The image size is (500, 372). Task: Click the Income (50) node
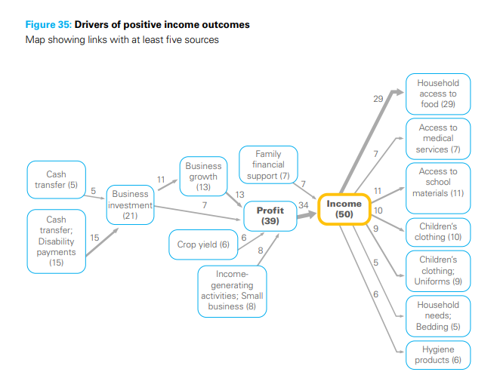(344, 209)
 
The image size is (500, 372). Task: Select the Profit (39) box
(270, 216)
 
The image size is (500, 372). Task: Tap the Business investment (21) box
(130, 204)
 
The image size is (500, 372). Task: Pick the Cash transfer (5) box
(56, 180)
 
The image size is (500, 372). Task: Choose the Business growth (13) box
(203, 177)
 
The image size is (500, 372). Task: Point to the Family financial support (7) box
(268, 165)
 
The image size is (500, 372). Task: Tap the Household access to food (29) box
(438, 94)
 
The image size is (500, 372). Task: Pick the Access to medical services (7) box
(438, 138)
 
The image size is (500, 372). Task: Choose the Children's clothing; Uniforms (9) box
(438, 271)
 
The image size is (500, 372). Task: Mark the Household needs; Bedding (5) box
(438, 315)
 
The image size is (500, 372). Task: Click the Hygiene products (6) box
(438, 355)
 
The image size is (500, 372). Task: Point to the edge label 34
(304, 204)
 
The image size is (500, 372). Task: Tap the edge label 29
(378, 99)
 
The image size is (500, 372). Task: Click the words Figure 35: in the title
(48, 25)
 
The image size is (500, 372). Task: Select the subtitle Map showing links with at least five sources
(122, 39)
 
